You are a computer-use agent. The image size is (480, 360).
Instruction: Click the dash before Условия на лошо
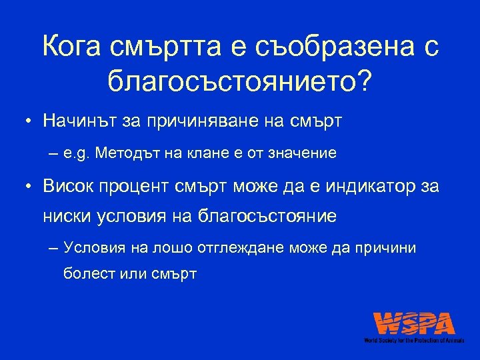click(x=53, y=248)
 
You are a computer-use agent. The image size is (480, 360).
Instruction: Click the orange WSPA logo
click(x=414, y=323)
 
